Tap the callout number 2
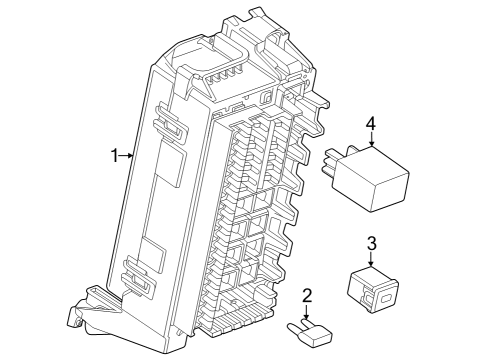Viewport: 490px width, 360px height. [x=308, y=295]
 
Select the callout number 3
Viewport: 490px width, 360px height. [x=370, y=243]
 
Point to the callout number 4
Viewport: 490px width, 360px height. [x=370, y=125]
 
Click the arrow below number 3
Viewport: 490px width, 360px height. [x=370, y=261]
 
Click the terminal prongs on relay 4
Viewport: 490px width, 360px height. [x=330, y=163]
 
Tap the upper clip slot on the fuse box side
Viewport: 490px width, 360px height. [x=168, y=125]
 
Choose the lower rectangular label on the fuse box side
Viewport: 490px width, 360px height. [x=152, y=253]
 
